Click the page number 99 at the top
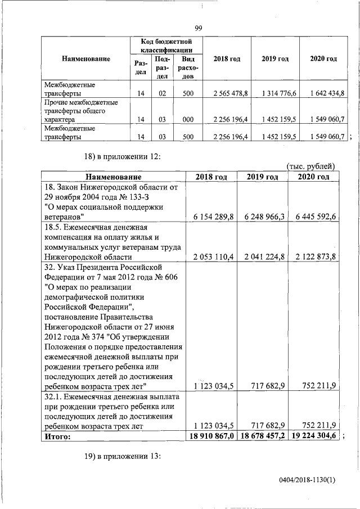click(x=198, y=29)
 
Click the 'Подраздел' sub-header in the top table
click(x=161, y=67)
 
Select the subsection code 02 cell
click(x=161, y=93)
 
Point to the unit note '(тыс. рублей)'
click(x=310, y=166)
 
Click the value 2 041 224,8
click(x=262, y=257)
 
